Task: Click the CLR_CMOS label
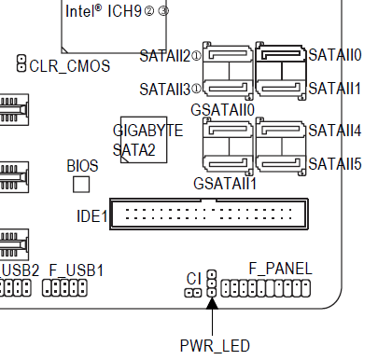[70, 66]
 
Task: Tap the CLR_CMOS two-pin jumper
[21, 63]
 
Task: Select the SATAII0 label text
[335, 55]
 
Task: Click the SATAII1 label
[334, 89]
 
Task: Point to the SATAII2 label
[165, 56]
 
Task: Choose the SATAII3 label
[165, 90]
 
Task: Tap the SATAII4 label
[335, 131]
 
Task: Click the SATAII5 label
[335, 164]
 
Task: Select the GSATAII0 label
[223, 110]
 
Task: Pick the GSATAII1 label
[225, 184]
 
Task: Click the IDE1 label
[92, 216]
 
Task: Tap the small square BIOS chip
[81, 185]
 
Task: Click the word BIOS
[82, 166]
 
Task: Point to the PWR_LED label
[215, 346]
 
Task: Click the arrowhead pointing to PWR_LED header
[212, 303]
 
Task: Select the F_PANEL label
[280, 269]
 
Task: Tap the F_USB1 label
[77, 270]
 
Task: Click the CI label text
[194, 279]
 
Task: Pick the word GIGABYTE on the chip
[147, 131]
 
